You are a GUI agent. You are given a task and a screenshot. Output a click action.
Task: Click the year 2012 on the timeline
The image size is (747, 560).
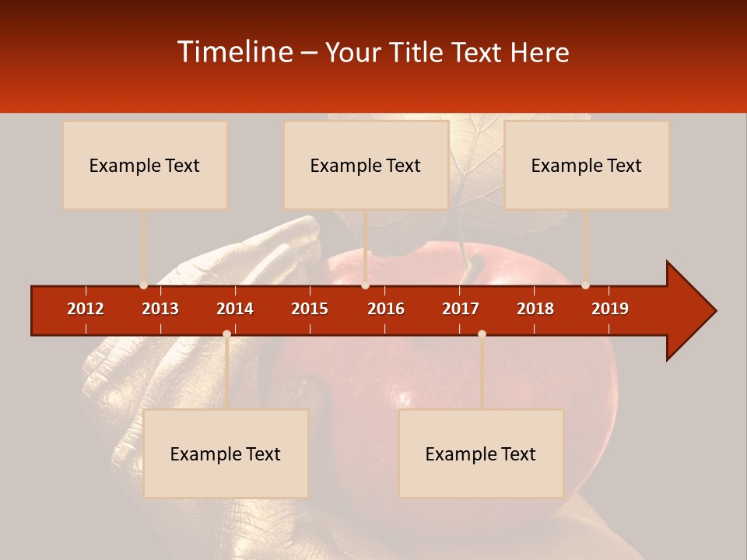(86, 309)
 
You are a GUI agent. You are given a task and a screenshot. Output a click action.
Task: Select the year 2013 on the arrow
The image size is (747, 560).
(160, 309)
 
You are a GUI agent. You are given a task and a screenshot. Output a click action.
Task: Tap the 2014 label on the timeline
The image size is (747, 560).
(235, 309)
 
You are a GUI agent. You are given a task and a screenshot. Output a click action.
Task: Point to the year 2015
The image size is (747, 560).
(310, 309)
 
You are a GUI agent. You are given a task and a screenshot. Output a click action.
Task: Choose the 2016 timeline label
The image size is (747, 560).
(386, 309)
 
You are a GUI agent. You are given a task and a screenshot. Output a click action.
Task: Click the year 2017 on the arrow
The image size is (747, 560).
(461, 309)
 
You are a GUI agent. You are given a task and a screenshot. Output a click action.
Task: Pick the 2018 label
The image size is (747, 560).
(535, 309)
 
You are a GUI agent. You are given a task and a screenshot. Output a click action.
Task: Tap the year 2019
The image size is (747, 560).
(610, 309)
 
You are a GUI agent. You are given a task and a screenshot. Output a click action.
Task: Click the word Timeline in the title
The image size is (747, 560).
(234, 52)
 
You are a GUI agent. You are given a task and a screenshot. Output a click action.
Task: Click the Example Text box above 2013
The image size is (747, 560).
(145, 165)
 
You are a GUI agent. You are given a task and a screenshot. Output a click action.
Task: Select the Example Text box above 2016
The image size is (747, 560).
(366, 165)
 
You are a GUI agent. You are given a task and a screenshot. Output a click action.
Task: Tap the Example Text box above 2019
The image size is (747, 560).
(587, 165)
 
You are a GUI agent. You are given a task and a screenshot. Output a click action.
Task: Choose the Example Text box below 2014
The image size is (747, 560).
(226, 453)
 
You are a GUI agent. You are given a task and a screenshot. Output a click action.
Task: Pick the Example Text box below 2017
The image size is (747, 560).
(481, 453)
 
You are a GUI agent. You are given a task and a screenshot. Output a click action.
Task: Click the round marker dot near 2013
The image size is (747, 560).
(143, 285)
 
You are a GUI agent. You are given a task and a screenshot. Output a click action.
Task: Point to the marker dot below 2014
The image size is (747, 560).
(226, 334)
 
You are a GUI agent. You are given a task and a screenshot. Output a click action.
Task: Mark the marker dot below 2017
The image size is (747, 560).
(482, 334)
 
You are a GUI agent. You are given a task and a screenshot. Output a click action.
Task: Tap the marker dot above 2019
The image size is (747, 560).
(585, 285)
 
